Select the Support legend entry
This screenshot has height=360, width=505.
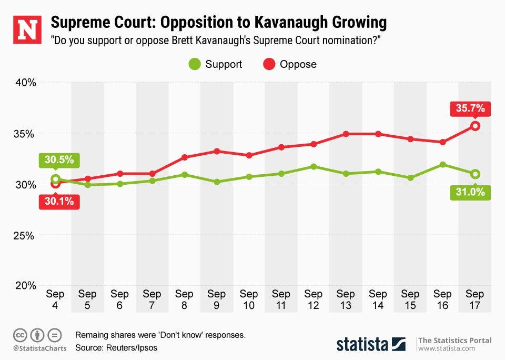point(216,65)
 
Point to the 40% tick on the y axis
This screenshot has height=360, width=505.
point(25,83)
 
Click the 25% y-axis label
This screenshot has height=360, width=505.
point(25,235)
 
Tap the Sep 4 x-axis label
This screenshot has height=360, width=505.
point(55,299)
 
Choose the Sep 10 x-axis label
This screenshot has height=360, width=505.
point(249,299)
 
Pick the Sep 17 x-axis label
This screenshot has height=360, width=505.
point(475,299)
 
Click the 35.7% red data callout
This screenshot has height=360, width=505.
point(470,110)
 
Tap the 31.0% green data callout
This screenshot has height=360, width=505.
point(470,192)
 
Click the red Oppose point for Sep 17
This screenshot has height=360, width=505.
point(475,126)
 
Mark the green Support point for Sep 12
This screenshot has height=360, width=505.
point(314,166)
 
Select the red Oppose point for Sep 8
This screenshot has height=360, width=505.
point(185,157)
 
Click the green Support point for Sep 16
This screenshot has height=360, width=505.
point(443,164)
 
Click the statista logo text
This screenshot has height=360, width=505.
point(362,344)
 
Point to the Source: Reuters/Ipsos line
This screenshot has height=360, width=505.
point(116,347)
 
